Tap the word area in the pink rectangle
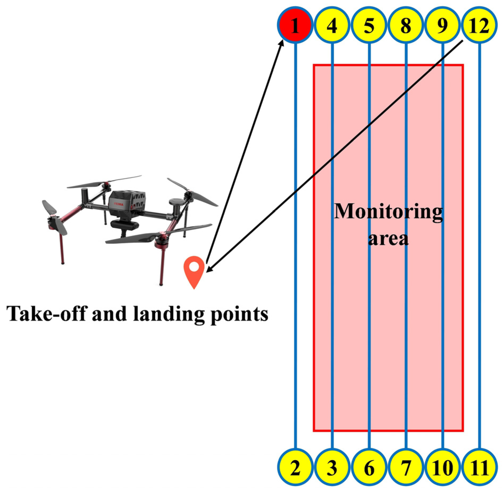[x=388, y=238]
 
